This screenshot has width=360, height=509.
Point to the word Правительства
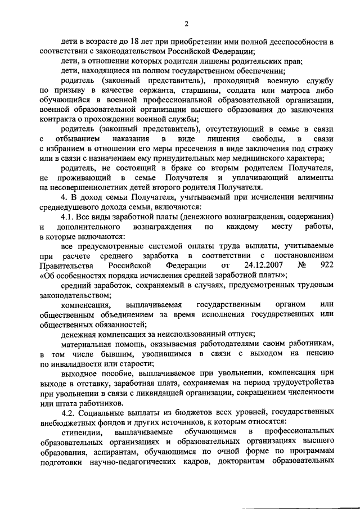[x=66, y=265]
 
